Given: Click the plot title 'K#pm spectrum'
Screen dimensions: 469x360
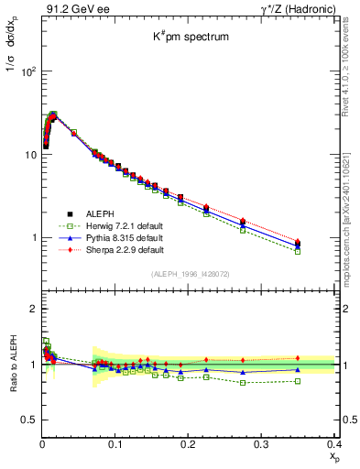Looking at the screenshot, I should [190, 38].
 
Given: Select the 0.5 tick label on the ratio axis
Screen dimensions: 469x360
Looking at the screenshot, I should [29, 420].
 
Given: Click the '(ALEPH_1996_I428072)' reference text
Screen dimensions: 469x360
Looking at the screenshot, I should [190, 274].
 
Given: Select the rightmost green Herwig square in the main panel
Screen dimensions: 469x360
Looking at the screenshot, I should [322, 251].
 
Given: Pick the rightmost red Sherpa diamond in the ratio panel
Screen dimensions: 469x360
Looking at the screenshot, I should [322, 358].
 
